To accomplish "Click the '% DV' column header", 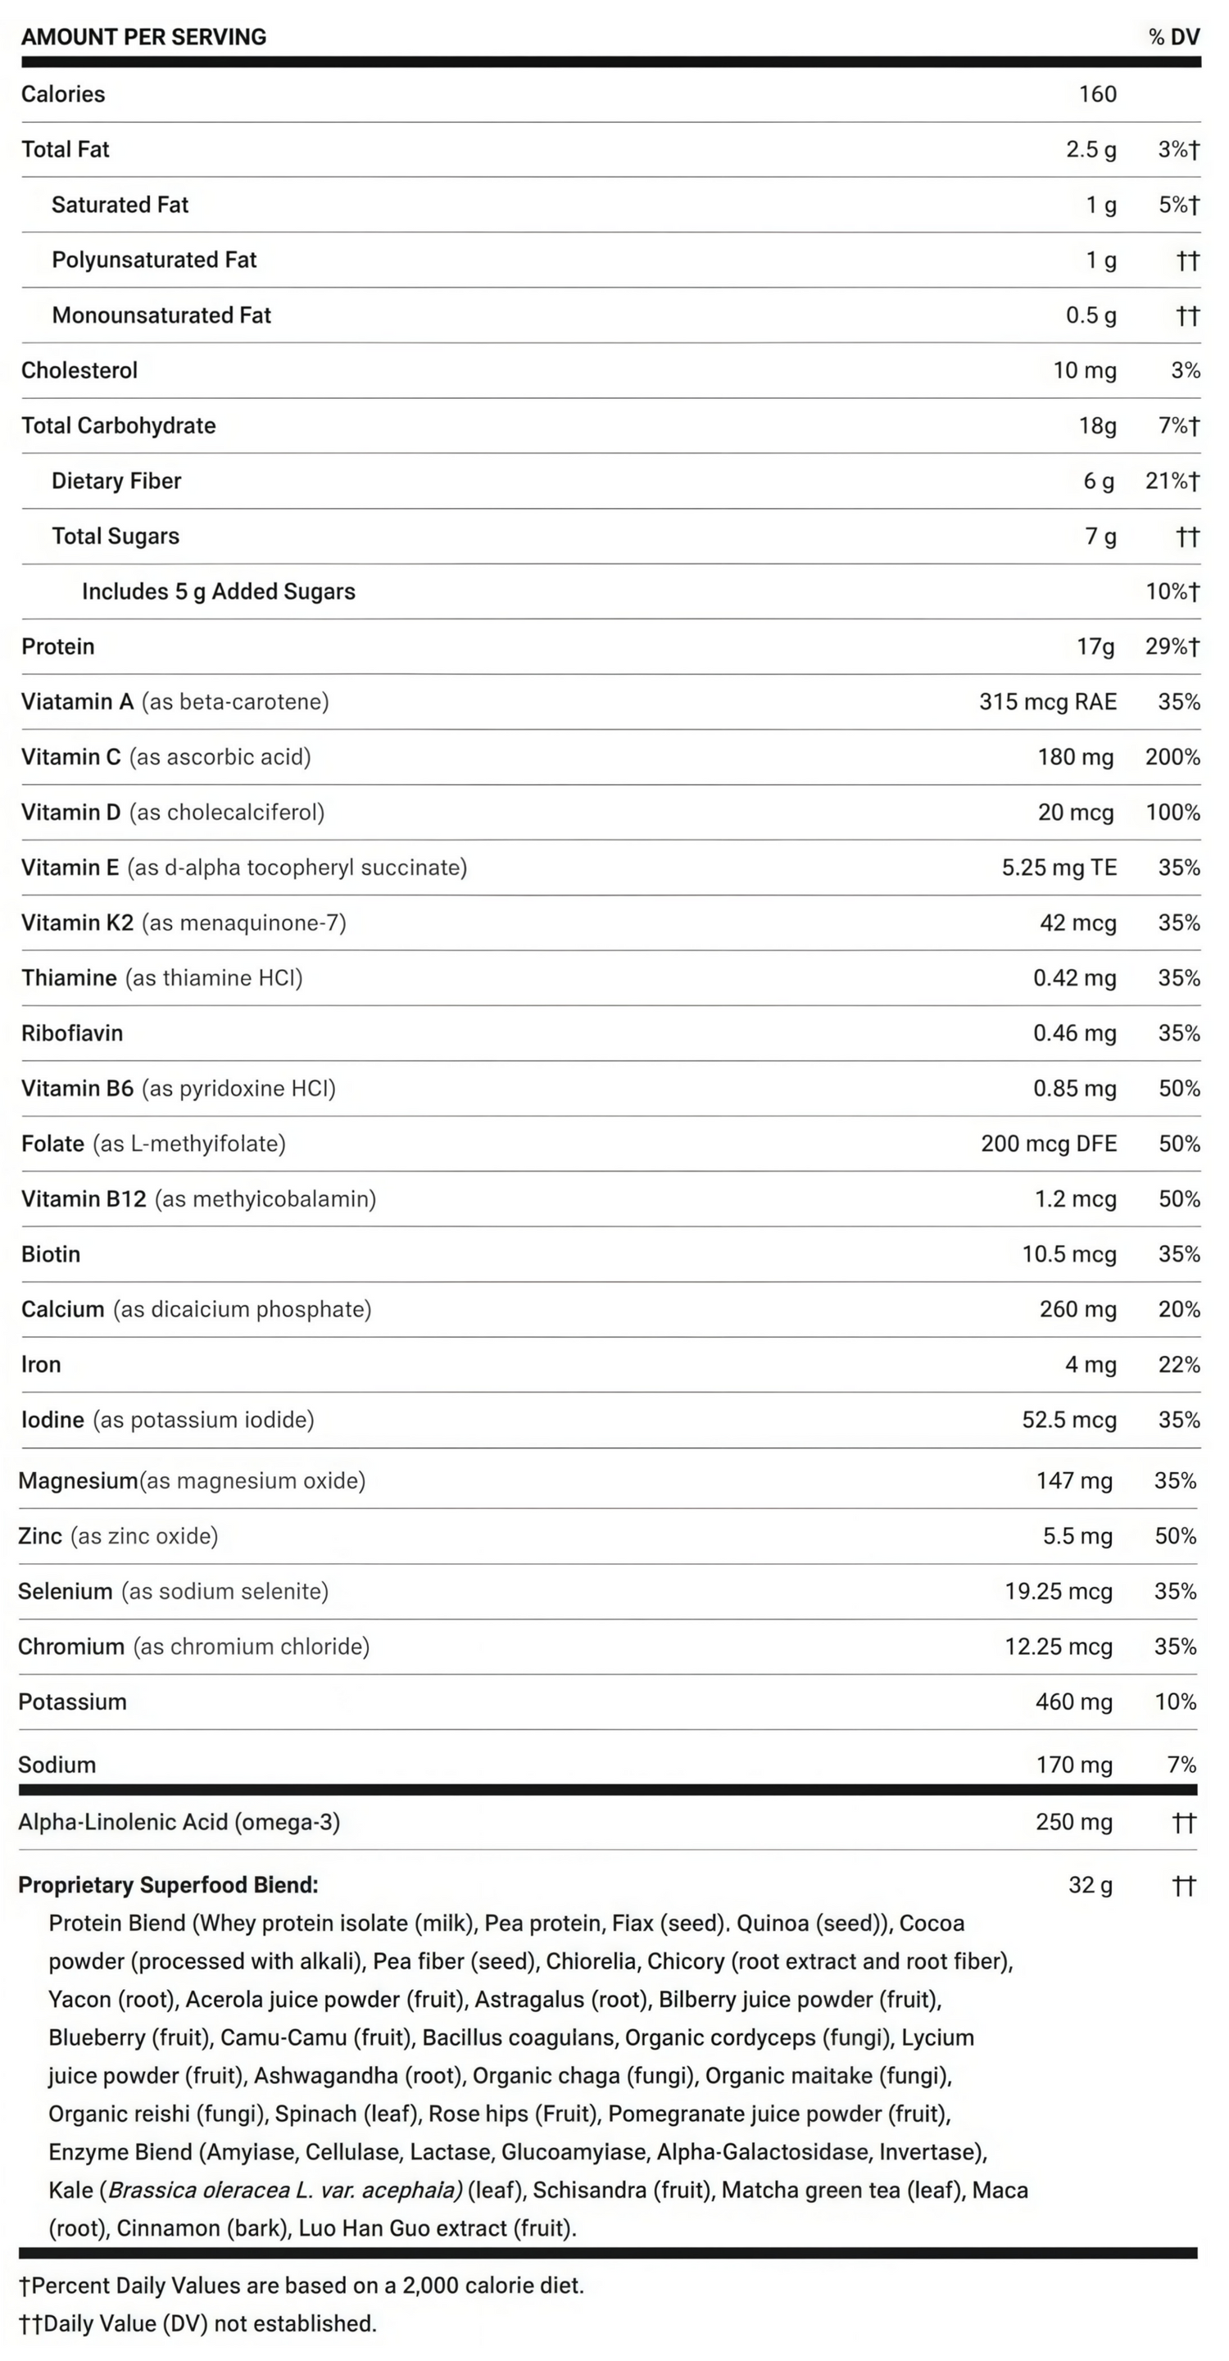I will tap(1173, 37).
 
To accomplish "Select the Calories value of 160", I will tap(1097, 94).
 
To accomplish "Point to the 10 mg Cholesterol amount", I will tap(1084, 370).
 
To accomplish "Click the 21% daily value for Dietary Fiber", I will tap(1172, 481).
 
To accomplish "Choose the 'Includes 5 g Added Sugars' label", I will tap(218, 591).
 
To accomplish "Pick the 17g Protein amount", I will tap(1095, 647).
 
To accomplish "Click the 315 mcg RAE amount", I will tap(1048, 702).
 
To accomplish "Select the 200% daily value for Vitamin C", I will tap(1172, 757).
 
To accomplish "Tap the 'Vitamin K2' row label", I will tap(77, 923).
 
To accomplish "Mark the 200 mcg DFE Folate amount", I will tap(1049, 1144).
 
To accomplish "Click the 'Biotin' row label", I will tap(51, 1254).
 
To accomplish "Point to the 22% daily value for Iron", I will tap(1178, 1365).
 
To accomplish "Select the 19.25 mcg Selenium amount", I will tap(1059, 1591).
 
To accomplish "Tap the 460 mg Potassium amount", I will tap(1073, 1702).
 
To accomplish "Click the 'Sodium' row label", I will tap(57, 1765).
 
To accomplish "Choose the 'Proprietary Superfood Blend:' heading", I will tap(168, 1885).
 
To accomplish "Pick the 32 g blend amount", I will tap(1090, 1885).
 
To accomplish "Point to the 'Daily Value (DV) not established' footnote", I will tap(209, 2323).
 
